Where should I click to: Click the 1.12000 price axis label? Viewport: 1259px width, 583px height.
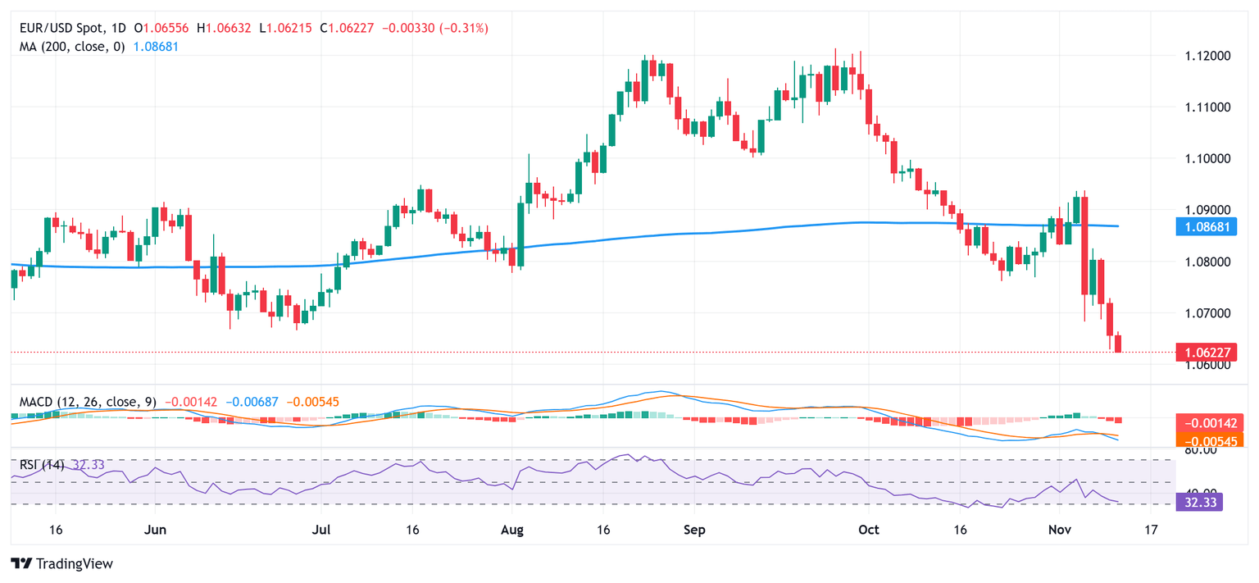tap(1207, 56)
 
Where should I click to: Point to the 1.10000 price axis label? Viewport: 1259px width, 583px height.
tap(1207, 158)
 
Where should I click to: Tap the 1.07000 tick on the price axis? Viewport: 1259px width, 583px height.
tap(1207, 313)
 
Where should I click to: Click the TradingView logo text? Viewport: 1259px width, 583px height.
tap(62, 564)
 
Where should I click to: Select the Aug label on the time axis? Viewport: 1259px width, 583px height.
tap(511, 530)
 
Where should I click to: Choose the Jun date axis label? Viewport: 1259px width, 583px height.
tap(155, 530)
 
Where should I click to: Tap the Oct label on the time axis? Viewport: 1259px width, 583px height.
tap(868, 530)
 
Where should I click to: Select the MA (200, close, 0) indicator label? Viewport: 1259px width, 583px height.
tap(71, 47)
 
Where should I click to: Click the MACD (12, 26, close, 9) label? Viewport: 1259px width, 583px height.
tap(88, 403)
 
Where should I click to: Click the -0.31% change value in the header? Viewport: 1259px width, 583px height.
tap(466, 28)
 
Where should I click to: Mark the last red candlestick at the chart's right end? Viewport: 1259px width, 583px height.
tap(1118, 344)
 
